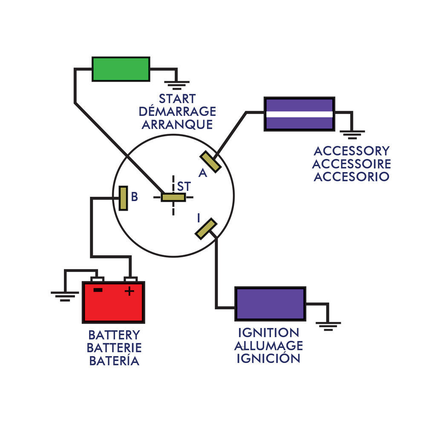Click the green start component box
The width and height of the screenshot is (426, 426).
[121, 69]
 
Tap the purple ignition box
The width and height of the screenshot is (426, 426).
[270, 304]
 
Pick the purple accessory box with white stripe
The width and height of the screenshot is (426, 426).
[299, 114]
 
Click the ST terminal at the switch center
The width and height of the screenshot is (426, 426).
[173, 197]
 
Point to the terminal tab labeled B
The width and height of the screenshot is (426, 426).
[123, 198]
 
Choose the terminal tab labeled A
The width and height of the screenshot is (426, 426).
[210, 162]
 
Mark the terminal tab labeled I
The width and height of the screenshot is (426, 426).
[206, 228]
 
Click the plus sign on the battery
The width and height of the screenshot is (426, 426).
[129, 291]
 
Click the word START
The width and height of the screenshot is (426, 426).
[177, 99]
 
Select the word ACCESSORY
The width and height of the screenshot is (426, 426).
[351, 151]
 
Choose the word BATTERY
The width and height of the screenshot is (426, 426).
[114, 335]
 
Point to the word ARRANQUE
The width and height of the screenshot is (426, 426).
[177, 125]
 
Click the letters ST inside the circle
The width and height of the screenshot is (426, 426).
[184, 187]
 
